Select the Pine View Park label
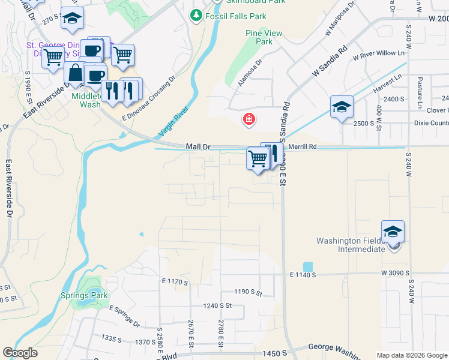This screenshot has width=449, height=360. [x=259, y=37]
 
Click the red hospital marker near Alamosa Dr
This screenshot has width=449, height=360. [x=248, y=119]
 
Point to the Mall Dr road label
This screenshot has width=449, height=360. [x=197, y=146]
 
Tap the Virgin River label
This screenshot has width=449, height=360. [x=173, y=121]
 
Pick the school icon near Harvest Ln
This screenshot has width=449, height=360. [x=342, y=107]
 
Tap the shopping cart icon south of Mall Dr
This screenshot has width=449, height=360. [x=258, y=159]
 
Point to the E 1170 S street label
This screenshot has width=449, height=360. [x=175, y=281]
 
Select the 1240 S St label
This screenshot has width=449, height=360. [x=217, y=305]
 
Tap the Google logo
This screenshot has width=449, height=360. [x=20, y=353]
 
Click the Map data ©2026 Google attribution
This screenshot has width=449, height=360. [x=411, y=355]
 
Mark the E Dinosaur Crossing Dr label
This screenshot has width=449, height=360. [x=148, y=98]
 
